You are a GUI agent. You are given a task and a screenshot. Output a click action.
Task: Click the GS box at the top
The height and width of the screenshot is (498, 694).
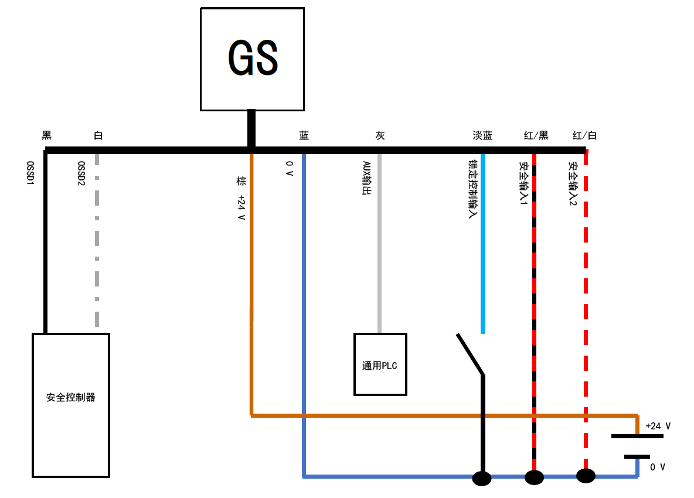point(252,59)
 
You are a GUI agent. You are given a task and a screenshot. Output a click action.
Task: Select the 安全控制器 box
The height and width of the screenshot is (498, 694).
point(71,405)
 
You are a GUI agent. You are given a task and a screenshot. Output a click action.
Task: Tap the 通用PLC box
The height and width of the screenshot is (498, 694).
point(380,364)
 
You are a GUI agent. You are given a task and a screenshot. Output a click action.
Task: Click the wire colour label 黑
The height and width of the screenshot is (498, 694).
point(47,136)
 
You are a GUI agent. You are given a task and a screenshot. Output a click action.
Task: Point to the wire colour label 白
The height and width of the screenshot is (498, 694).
point(98,136)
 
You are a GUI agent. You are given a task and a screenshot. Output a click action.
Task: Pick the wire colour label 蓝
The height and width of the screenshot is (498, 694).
point(304,136)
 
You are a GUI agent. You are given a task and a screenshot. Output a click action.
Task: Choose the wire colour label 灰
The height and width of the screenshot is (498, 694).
point(380,136)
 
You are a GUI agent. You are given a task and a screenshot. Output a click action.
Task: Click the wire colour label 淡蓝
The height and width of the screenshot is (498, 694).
point(482,136)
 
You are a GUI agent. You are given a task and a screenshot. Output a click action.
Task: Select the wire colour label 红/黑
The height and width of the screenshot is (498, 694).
point(536,136)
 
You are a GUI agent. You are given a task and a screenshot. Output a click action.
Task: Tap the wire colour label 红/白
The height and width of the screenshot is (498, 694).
point(584,136)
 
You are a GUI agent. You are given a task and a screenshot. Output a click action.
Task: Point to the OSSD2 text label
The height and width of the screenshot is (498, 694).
point(81,173)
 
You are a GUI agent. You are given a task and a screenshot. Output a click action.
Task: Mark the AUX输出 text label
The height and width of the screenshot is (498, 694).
point(366,178)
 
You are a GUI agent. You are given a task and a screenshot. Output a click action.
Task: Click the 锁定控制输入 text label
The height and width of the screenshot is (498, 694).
point(471,189)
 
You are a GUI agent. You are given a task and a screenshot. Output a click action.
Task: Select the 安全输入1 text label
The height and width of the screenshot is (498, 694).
point(523,183)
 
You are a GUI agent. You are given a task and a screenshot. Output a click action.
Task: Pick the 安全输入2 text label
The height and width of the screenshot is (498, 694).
point(572,183)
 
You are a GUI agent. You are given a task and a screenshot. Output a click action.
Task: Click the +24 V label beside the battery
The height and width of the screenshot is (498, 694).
point(658,426)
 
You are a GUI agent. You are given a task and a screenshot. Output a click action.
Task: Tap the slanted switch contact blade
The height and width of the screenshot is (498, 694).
point(470,353)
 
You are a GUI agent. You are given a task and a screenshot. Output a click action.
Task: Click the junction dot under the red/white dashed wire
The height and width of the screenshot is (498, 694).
point(586,476)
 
